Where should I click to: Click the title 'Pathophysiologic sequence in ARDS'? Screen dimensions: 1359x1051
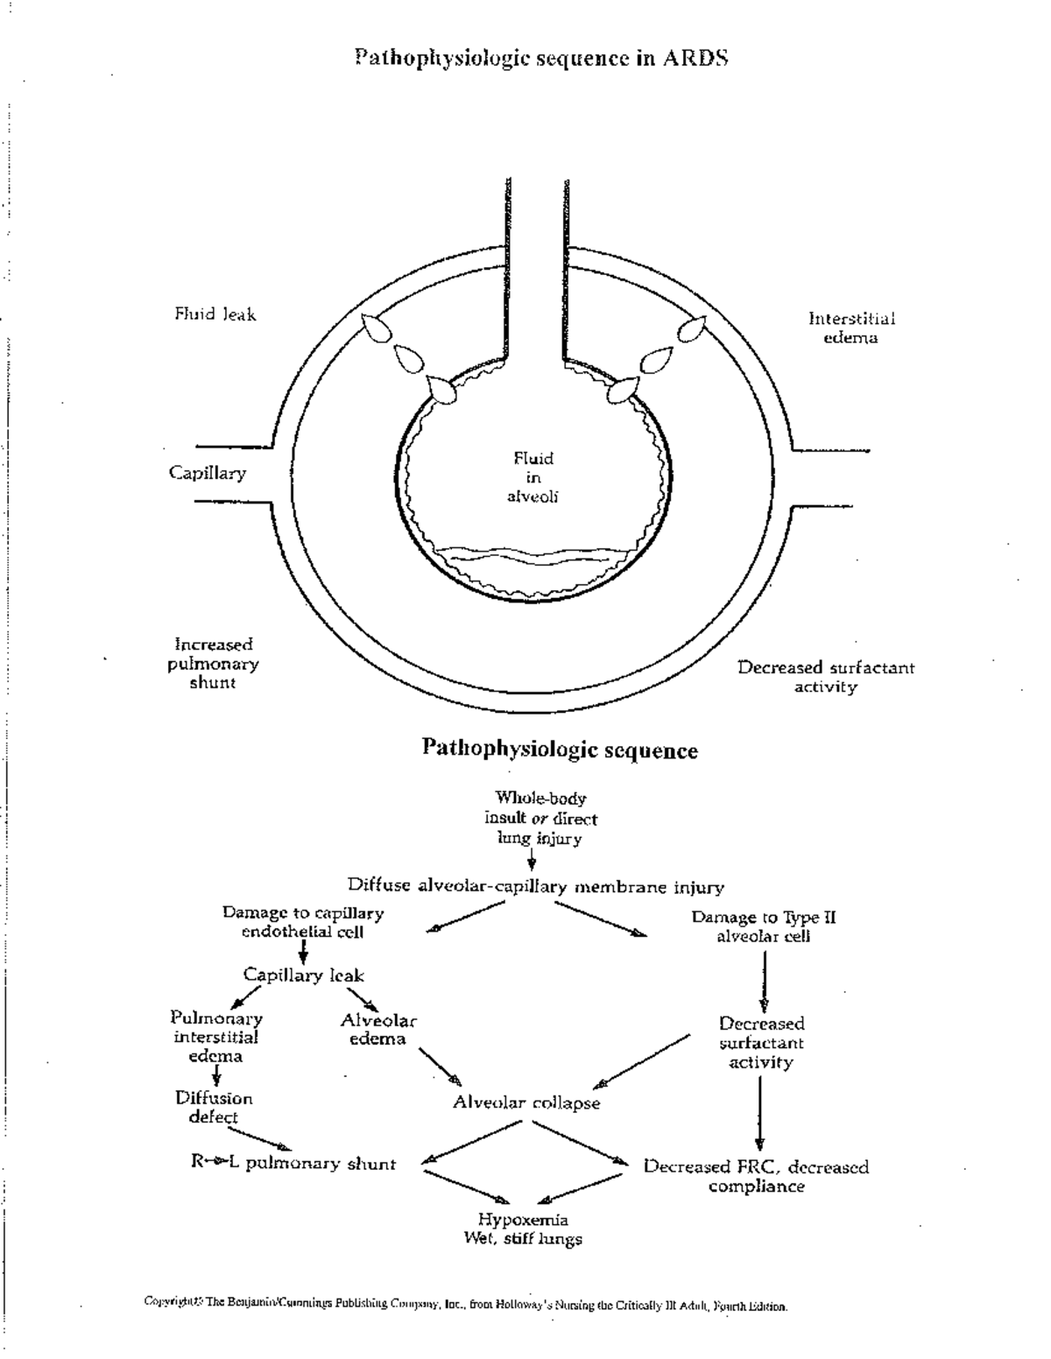click(541, 59)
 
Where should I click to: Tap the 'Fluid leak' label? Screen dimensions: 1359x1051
click(215, 314)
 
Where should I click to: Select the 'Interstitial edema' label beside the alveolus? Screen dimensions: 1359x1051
click(851, 327)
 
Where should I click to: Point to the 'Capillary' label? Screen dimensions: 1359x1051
click(208, 473)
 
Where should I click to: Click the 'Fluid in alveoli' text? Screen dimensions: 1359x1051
click(533, 477)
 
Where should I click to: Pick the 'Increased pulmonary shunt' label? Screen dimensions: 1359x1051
click(213, 663)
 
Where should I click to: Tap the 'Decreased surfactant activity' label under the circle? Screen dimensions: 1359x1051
click(825, 677)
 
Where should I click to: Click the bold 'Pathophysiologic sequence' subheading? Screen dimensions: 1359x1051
click(560, 750)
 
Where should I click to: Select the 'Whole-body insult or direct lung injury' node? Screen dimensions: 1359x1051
click(540, 818)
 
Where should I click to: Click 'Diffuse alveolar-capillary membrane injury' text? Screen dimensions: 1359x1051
click(535, 886)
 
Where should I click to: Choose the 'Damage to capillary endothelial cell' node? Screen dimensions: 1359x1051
click(303, 922)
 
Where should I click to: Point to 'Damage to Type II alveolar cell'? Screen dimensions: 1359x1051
click(764, 926)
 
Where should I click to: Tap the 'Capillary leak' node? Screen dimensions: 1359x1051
click(303, 975)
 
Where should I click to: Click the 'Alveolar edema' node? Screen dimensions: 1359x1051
click(378, 1030)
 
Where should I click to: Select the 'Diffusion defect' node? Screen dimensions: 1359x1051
click(214, 1107)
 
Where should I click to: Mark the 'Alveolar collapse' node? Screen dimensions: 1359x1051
click(526, 1102)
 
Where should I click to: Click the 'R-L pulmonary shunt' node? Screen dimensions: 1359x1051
click(293, 1163)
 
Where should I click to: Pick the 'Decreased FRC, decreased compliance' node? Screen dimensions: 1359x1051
click(756, 1176)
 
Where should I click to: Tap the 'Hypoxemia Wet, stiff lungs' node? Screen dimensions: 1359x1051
click(523, 1229)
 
